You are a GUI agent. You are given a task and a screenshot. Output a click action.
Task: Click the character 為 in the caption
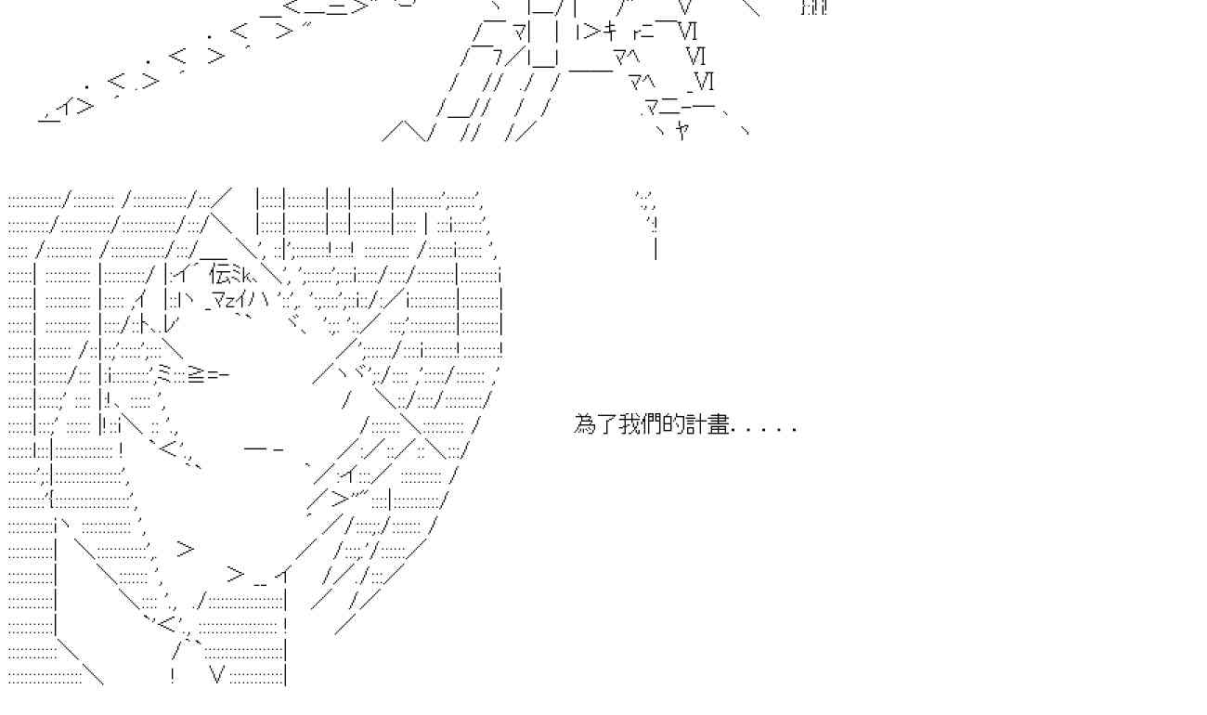(585, 425)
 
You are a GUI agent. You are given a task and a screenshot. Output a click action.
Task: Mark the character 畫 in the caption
(720, 425)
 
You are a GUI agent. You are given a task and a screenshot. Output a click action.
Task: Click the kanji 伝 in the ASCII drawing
(220, 274)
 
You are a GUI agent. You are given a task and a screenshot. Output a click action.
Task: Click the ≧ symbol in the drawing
(197, 374)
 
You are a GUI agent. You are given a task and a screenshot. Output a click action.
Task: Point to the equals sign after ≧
(213, 374)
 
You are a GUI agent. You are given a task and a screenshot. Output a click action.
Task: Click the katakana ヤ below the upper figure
(682, 129)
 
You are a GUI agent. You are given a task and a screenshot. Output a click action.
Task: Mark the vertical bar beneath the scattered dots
(655, 248)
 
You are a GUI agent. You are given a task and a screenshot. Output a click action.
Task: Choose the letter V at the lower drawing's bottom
(218, 675)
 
